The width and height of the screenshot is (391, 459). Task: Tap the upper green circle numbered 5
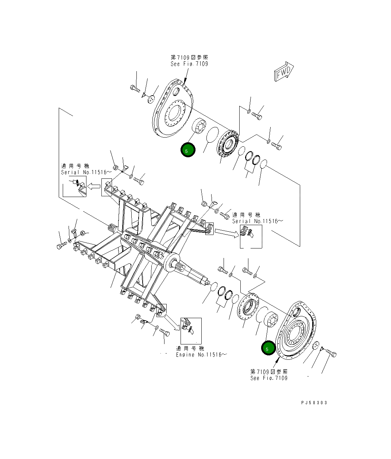tap(188, 150)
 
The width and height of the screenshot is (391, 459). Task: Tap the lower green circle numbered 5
tap(268, 348)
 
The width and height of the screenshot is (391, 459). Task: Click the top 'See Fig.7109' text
tap(189, 64)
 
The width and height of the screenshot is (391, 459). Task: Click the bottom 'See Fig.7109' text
tap(269, 378)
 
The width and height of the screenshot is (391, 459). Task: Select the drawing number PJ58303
tap(314, 402)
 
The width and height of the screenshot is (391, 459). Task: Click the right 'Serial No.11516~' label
tap(255, 221)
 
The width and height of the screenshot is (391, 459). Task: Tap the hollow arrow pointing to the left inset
tap(95, 186)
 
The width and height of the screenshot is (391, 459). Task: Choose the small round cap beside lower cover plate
tap(315, 346)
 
